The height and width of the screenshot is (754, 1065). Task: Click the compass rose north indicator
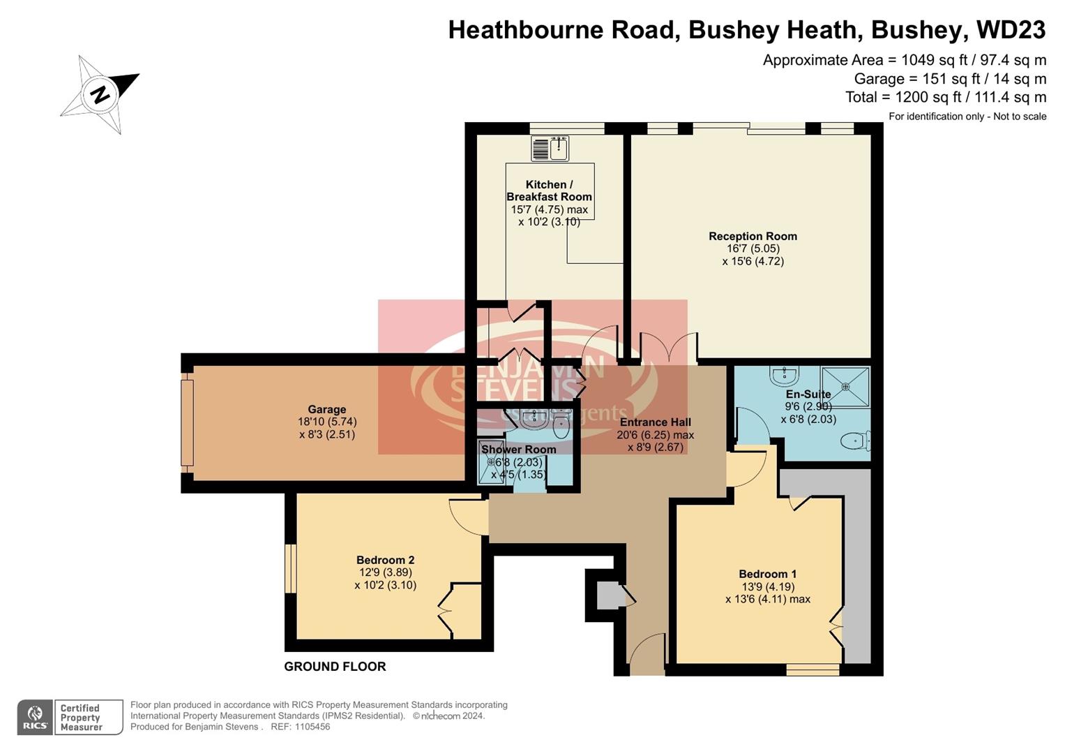100,94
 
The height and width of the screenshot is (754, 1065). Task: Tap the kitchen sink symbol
550,148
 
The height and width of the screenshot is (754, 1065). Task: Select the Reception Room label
753,237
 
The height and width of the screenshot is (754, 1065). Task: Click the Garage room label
327,410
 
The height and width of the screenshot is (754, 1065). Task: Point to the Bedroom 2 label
385,560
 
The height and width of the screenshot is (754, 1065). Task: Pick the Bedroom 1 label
767,575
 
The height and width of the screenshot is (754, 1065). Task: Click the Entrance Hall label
655,422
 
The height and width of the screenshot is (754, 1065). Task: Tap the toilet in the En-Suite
855,441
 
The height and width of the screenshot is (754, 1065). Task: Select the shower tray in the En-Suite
845,386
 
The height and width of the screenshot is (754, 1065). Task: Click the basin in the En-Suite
785,377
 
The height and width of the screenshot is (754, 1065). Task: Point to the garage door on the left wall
187,422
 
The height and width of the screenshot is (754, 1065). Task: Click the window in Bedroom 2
291,568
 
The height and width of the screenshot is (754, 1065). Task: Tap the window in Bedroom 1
813,670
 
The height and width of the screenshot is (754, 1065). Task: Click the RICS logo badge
35,717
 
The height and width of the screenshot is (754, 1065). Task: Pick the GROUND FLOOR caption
335,667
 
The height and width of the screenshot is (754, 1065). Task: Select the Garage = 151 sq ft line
950,79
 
